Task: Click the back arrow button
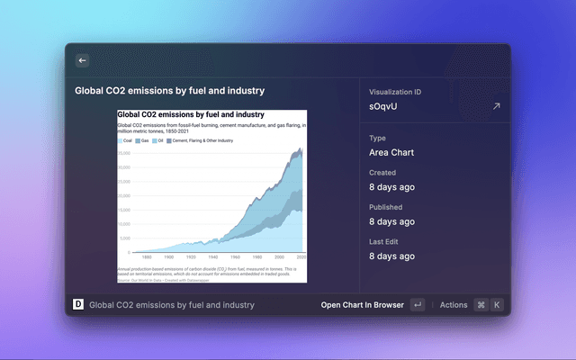pyautogui.click(x=82, y=60)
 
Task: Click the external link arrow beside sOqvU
pyautogui.click(x=495, y=106)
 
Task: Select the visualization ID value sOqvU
pyautogui.click(x=382, y=106)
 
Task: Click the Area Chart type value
pyautogui.click(x=391, y=152)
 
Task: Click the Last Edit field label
pyautogui.click(x=387, y=241)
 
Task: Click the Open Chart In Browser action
pyautogui.click(x=361, y=305)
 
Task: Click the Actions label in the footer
pyautogui.click(x=454, y=305)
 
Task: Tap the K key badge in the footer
pyautogui.click(x=496, y=305)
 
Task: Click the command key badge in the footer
pyautogui.click(x=481, y=305)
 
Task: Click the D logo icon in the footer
pyautogui.click(x=76, y=305)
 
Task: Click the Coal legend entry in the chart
pyautogui.click(x=127, y=141)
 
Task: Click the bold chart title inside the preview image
pyautogui.click(x=191, y=115)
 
